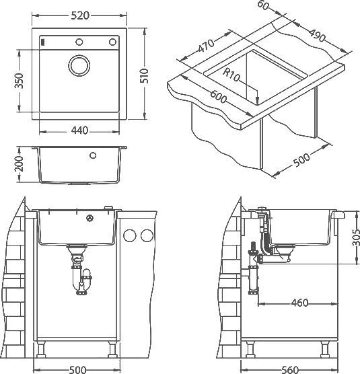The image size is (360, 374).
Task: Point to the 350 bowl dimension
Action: pyautogui.click(x=20, y=80)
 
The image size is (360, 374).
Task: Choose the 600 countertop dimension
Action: pyautogui.click(x=217, y=98)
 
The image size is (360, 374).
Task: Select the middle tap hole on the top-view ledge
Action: pyautogui.click(x=79, y=42)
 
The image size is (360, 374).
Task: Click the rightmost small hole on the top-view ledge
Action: pyautogui.click(x=113, y=42)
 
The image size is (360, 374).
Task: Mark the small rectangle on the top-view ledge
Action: pyautogui.click(x=44, y=42)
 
